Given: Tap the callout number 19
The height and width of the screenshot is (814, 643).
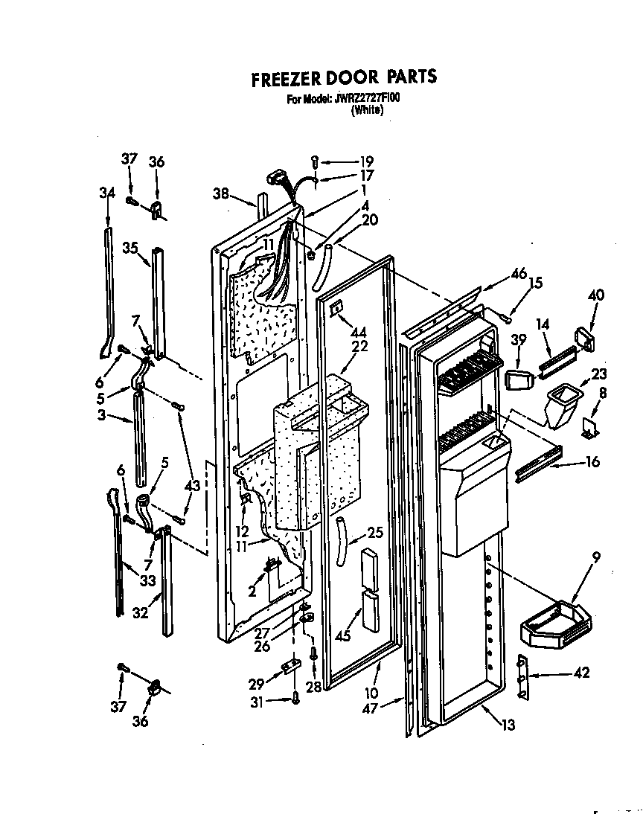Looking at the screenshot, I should pos(366,161).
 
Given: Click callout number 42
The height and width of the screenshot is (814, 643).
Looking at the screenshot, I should pos(581,673).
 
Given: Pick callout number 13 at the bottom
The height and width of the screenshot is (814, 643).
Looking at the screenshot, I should pos(508,725).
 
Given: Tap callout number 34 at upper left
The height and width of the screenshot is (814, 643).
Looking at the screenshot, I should pos(107,193).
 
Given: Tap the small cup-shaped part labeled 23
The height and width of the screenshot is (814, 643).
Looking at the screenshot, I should pos(560,405).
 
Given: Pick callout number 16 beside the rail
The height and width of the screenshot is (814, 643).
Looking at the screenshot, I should pos(592,461).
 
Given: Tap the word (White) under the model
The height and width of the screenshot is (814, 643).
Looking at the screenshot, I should pos(367,110).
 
